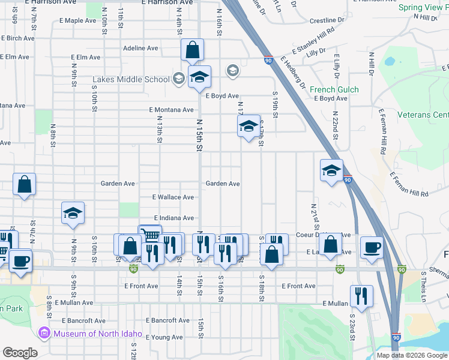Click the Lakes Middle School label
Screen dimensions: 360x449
131,79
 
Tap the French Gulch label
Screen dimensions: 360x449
334,90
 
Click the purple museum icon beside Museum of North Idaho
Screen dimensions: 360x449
44,333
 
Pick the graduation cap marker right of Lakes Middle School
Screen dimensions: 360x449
200,77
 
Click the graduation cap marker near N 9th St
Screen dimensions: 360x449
73,214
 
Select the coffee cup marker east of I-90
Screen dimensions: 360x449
372,247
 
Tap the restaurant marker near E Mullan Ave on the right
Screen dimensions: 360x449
361,296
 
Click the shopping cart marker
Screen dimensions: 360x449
150,235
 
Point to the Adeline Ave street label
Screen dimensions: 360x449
140,48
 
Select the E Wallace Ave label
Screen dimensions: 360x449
173,197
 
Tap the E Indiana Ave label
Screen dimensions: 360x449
173,218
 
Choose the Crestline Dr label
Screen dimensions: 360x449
331,20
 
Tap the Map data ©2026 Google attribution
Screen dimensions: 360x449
412,355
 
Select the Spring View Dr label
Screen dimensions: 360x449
423,8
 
